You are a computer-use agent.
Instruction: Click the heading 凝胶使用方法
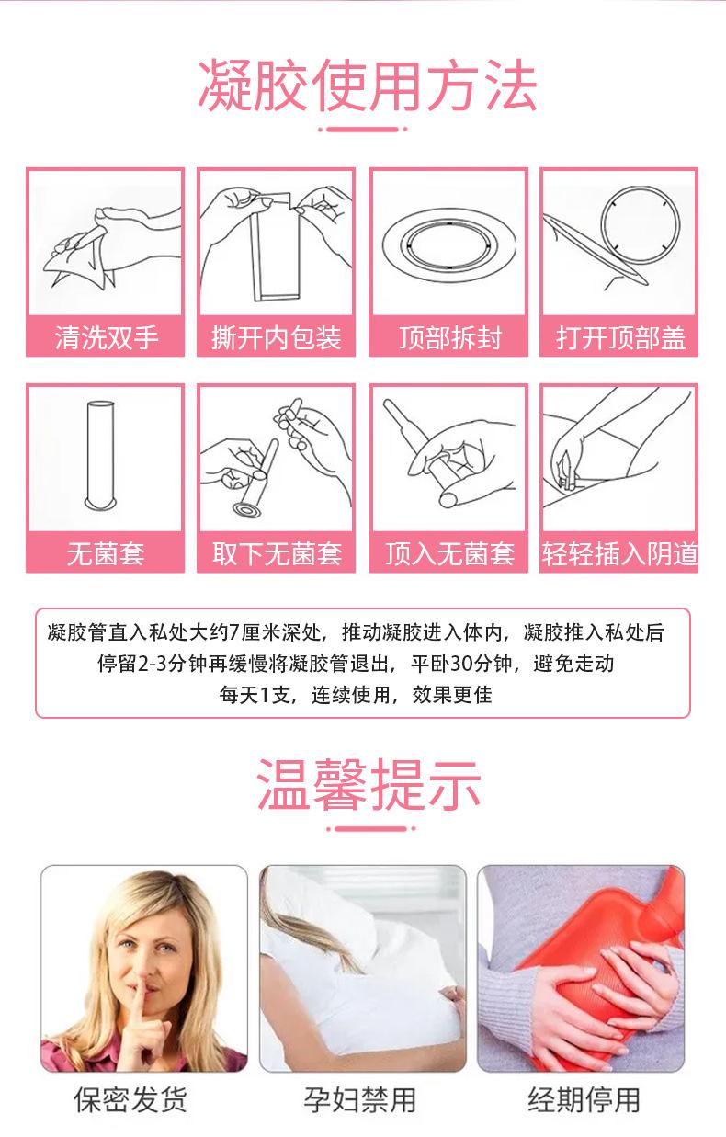(367, 85)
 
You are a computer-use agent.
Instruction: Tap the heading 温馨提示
(369, 785)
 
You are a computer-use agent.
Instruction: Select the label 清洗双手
(107, 337)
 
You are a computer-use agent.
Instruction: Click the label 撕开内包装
(277, 337)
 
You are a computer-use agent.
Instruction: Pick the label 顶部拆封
(450, 337)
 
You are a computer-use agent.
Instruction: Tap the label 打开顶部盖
(620, 337)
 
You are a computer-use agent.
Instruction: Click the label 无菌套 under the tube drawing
(106, 553)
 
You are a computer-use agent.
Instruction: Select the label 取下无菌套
(277, 553)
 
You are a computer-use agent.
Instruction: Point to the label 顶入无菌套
(450, 553)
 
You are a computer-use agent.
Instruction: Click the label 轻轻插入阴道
(619, 553)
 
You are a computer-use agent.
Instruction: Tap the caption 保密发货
(130, 1099)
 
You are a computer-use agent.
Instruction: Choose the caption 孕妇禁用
(360, 1099)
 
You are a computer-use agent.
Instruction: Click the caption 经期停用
(584, 1099)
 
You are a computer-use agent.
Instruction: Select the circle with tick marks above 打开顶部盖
(641, 225)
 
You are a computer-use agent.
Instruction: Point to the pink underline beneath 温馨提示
(370, 828)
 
